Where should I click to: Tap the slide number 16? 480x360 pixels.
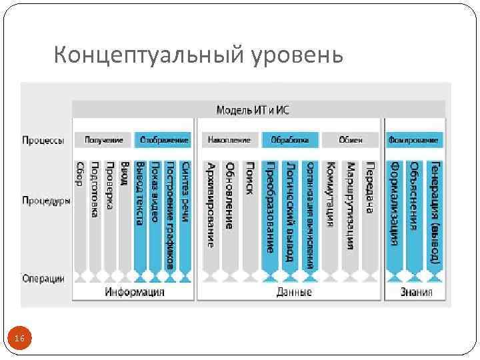[x=19, y=339]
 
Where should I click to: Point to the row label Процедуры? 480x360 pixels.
[x=46, y=200]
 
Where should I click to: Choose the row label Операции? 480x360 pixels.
[x=43, y=279]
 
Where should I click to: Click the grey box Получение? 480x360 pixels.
[x=103, y=140]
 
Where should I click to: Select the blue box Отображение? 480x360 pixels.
[x=163, y=140]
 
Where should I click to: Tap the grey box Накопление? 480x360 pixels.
[x=229, y=140]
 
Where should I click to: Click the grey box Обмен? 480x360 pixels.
[x=350, y=140]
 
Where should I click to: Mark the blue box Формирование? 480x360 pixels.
[x=414, y=140]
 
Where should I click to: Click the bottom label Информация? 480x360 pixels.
[x=134, y=292]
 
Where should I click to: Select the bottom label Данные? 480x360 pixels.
[x=293, y=292]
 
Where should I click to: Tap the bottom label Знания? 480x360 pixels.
[x=416, y=292]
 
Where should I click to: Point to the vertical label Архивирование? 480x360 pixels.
[x=211, y=204]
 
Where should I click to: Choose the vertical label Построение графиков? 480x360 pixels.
[x=170, y=214]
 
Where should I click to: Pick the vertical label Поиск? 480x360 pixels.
[x=249, y=177]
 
